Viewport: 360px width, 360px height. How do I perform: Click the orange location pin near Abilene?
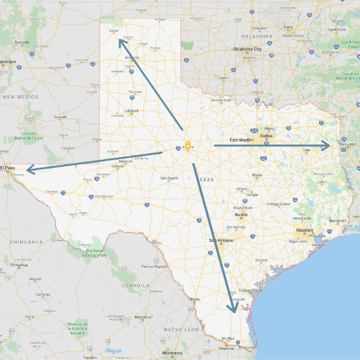(188, 146)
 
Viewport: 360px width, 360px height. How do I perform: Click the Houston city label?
(304, 230)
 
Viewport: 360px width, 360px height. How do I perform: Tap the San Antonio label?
(220, 241)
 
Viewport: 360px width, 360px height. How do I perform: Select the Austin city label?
(241, 214)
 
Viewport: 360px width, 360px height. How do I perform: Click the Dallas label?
(266, 135)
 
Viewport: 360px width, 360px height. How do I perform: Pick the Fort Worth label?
(241, 140)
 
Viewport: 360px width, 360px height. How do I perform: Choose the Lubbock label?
(131, 111)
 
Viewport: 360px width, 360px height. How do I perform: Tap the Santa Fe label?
(22, 43)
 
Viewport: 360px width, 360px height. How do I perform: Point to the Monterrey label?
(172, 353)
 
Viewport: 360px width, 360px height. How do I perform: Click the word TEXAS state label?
(206, 179)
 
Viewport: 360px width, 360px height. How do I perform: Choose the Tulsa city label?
(289, 27)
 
